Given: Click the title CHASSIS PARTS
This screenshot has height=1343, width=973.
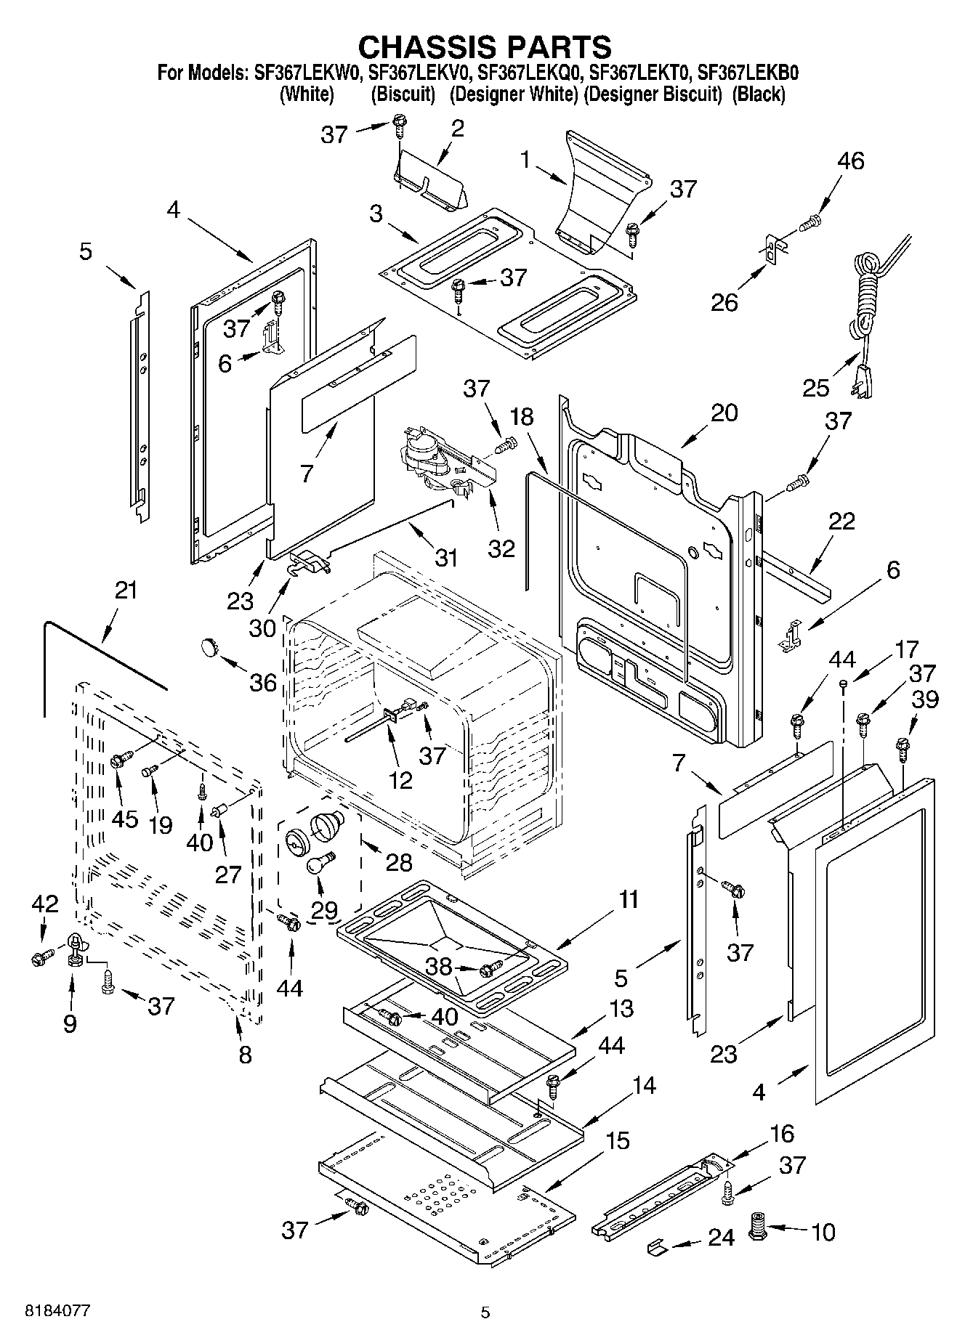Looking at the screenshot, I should [x=485, y=46].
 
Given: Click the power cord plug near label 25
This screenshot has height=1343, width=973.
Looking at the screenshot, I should [x=862, y=381].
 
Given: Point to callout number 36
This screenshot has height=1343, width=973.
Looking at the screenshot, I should [x=263, y=682].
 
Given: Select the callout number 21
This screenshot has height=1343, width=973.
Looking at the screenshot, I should [x=126, y=591].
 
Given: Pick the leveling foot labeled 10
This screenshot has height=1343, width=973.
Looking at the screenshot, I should [x=759, y=1228].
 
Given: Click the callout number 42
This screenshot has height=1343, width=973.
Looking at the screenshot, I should [x=44, y=904].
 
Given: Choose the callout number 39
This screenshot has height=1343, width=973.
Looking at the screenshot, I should [x=926, y=699].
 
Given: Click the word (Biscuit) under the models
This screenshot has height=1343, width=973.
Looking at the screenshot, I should [x=403, y=94].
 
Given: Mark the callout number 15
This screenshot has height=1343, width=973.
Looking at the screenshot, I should [x=617, y=1140].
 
